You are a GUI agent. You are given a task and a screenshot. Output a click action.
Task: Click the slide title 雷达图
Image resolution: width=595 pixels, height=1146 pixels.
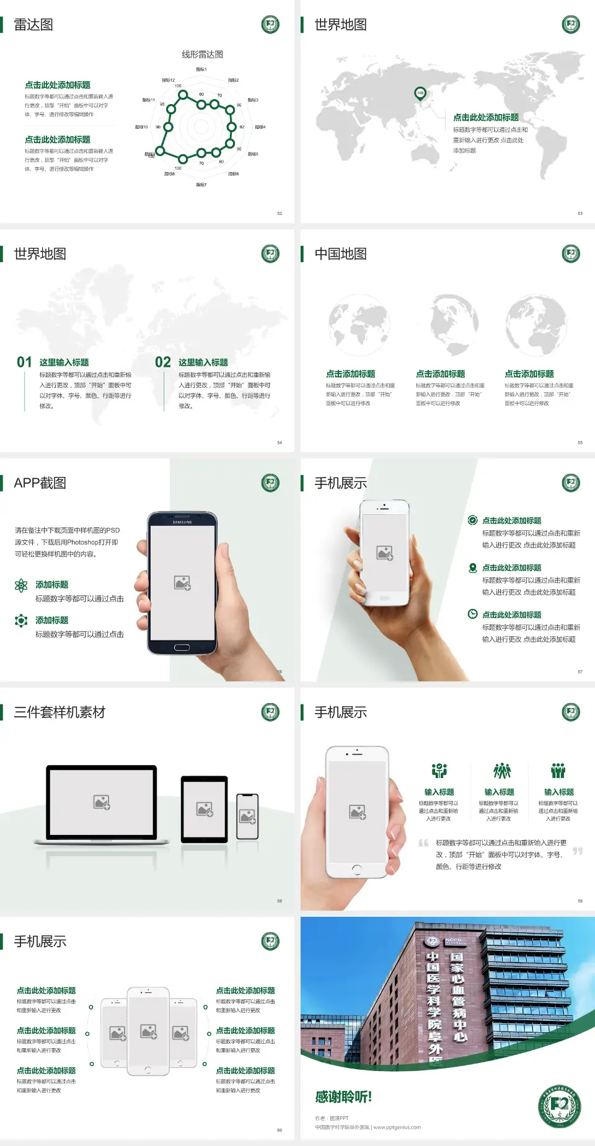[x=33, y=25]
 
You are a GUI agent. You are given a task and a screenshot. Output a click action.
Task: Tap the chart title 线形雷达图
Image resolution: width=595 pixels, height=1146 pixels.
[x=202, y=55]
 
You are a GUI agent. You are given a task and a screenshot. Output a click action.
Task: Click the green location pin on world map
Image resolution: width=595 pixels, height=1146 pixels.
[x=420, y=93]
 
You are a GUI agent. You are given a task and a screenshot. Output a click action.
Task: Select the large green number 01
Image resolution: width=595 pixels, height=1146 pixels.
[x=24, y=362]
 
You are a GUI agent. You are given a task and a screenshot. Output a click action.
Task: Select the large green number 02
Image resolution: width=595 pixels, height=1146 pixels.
[x=163, y=362]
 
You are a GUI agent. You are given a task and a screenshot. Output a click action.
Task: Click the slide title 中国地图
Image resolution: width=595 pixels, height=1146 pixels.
[x=340, y=254]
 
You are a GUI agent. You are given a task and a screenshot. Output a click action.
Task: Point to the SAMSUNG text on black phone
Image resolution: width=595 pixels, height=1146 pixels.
[x=182, y=522]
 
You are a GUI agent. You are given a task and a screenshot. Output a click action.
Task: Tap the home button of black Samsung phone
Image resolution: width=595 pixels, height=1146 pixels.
[x=182, y=647]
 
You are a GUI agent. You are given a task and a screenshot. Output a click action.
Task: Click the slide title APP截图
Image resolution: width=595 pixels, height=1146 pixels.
[x=40, y=483]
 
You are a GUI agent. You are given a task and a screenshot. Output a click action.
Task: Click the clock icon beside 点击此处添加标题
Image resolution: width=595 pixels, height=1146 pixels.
[x=472, y=614]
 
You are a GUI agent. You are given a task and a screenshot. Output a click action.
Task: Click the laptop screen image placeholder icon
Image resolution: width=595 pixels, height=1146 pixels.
[x=102, y=802]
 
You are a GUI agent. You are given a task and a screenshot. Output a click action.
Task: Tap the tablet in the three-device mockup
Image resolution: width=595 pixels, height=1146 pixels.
[x=205, y=808]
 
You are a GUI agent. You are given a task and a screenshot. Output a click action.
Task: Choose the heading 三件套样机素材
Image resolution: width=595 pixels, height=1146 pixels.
[x=59, y=712]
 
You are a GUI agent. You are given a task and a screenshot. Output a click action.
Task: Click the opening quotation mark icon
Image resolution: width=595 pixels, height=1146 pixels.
[x=423, y=843]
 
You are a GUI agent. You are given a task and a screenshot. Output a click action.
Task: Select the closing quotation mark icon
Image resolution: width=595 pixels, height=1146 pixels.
[x=578, y=851]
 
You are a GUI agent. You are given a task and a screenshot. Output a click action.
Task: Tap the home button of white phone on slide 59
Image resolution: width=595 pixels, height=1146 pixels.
[x=356, y=869]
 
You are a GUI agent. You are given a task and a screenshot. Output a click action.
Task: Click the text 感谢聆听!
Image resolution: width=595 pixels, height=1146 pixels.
[x=343, y=1097]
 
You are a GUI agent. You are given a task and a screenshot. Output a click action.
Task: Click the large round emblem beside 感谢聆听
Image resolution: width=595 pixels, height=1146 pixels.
[x=559, y=1106]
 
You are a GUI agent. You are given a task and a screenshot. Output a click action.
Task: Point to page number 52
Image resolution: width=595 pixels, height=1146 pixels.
[x=280, y=214]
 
